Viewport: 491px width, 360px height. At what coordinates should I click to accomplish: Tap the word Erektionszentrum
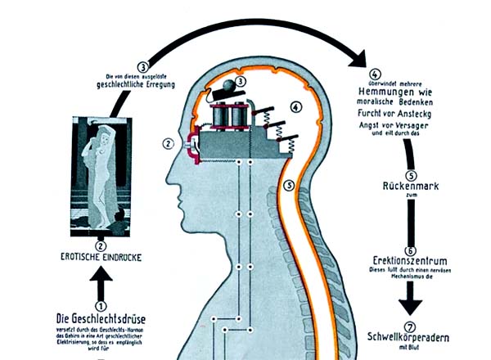tap(411, 262)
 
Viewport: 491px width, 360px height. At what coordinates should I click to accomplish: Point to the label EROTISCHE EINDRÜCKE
tap(101, 257)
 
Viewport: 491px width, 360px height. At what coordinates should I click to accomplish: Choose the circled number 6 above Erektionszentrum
tap(411, 250)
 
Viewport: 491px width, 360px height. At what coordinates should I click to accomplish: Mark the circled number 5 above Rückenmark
tap(412, 174)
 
